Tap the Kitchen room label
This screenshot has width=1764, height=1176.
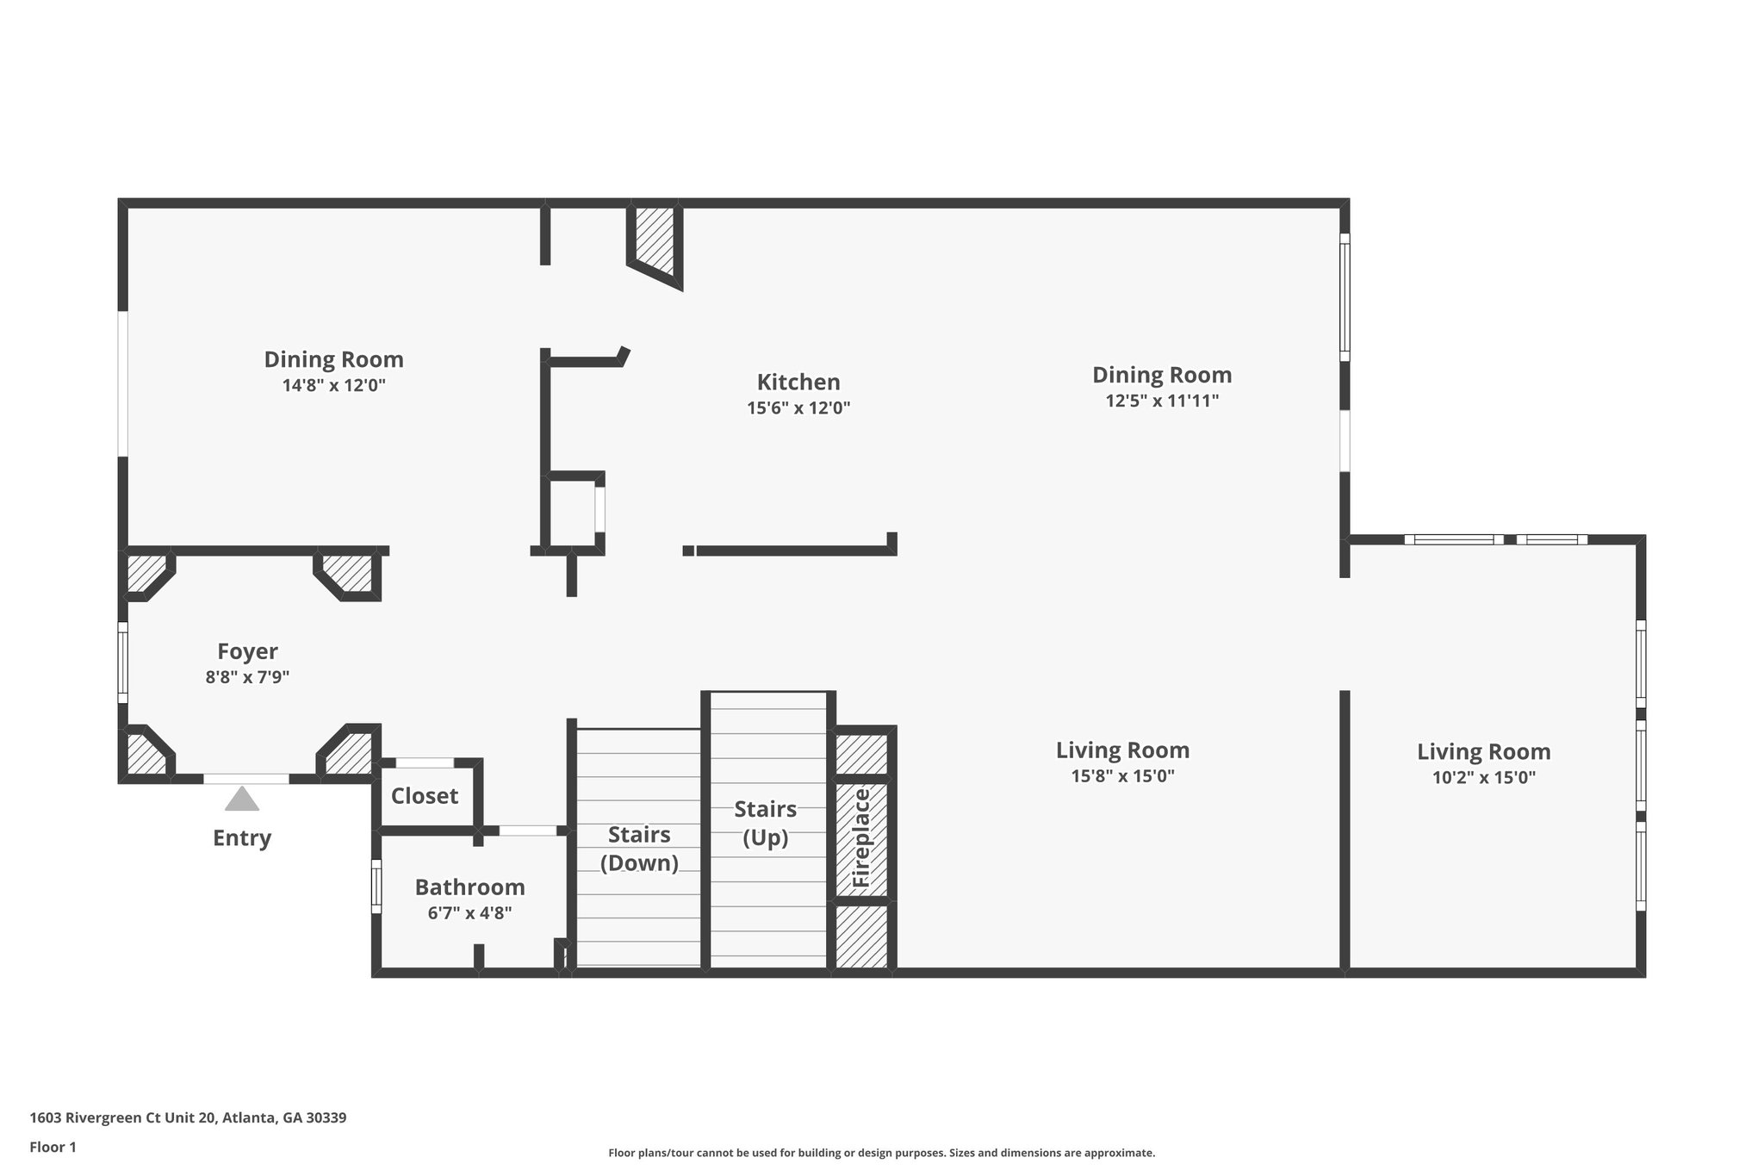pyautogui.click(x=798, y=382)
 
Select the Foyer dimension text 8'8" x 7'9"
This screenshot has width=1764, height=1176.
pyautogui.click(x=247, y=677)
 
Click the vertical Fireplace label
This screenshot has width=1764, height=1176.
pyautogui.click(x=861, y=838)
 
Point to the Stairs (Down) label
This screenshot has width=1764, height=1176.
pyautogui.click(x=639, y=848)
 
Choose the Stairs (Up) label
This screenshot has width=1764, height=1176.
pyautogui.click(x=765, y=823)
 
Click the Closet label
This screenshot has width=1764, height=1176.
pyautogui.click(x=425, y=796)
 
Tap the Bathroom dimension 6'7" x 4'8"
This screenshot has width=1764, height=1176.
pyautogui.click(x=469, y=913)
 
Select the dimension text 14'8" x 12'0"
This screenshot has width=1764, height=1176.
pyautogui.click(x=333, y=385)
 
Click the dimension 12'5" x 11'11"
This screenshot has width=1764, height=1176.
pyautogui.click(x=1162, y=401)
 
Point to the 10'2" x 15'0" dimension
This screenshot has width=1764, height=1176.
pyautogui.click(x=1483, y=777)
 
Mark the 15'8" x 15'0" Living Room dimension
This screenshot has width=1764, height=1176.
pyautogui.click(x=1122, y=775)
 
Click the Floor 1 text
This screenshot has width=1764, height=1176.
pyautogui.click(x=53, y=1147)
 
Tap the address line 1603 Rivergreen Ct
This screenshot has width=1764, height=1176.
pyautogui.click(x=188, y=1117)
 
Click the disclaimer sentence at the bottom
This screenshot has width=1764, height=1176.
pyautogui.click(x=881, y=1153)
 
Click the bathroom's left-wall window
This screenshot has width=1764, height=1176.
pyautogui.click(x=376, y=886)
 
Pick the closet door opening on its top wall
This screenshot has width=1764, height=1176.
pyautogui.click(x=425, y=762)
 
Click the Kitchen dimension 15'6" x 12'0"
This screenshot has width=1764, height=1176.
pyautogui.click(x=798, y=408)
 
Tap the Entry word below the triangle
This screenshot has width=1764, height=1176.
pyautogui.click(x=242, y=837)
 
